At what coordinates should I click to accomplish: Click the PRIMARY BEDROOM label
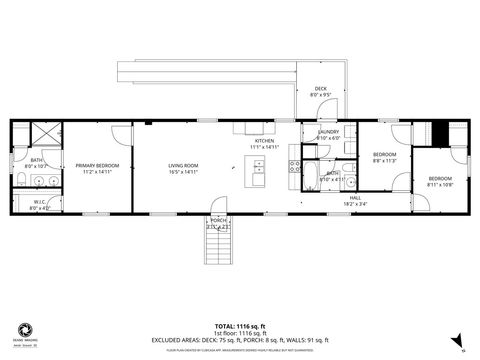point(98,165)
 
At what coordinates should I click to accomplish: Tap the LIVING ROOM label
point(182,165)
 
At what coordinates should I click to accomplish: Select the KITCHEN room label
point(264,141)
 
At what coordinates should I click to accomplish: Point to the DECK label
point(320,89)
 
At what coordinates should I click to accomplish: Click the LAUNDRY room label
point(328,132)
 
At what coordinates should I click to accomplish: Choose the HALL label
point(355,198)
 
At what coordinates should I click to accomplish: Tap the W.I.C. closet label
point(40,203)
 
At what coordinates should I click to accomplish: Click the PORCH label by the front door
point(217,220)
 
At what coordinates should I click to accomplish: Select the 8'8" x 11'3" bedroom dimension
point(385,160)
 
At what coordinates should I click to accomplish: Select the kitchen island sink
point(259,169)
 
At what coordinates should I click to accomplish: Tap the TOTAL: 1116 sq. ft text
point(240,325)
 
